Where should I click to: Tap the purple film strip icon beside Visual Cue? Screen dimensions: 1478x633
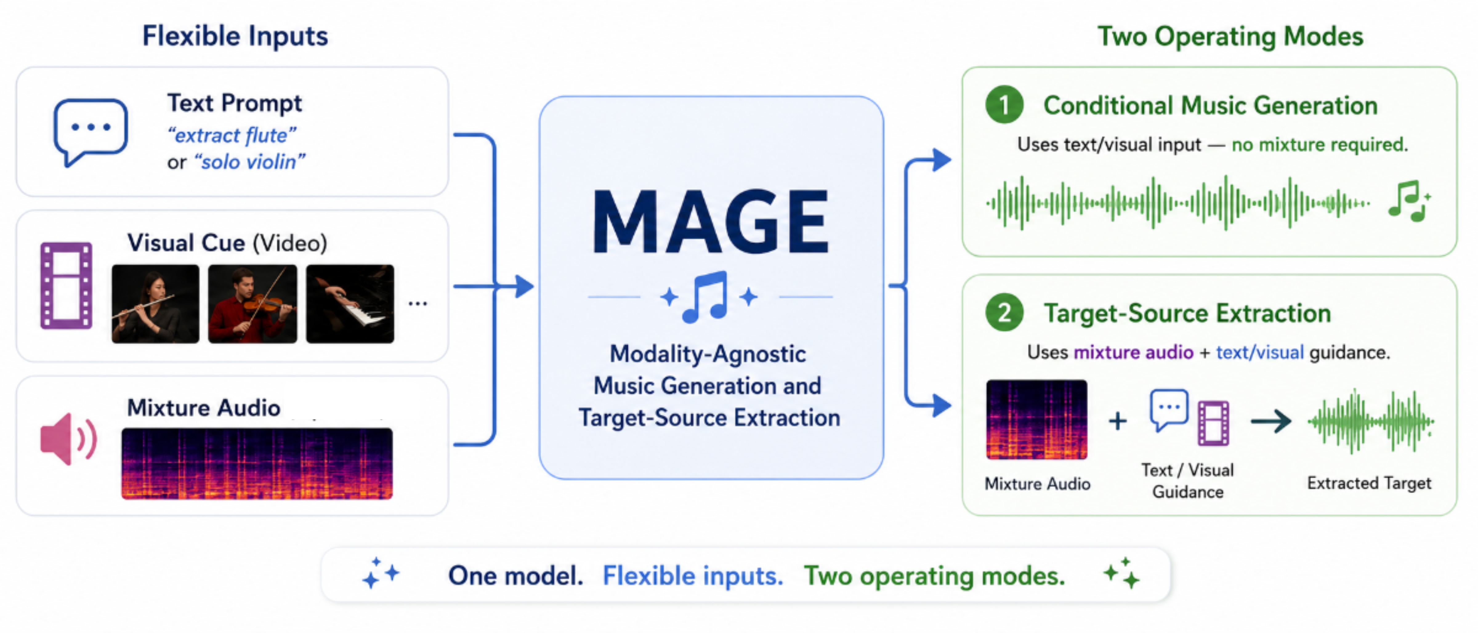click(x=66, y=285)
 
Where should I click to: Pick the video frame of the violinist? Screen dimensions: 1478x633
click(x=252, y=304)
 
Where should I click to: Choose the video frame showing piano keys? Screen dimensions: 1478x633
click(x=350, y=304)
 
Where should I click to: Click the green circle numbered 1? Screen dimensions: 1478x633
click(x=1004, y=104)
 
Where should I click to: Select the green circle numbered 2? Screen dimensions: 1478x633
click(x=1004, y=313)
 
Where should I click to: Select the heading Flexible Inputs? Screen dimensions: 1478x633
click(x=235, y=36)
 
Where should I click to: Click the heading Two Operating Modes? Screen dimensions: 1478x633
click(x=1230, y=36)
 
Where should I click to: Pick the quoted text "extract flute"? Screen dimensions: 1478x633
click(x=232, y=135)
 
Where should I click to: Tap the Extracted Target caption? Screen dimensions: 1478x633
click(x=1369, y=483)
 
